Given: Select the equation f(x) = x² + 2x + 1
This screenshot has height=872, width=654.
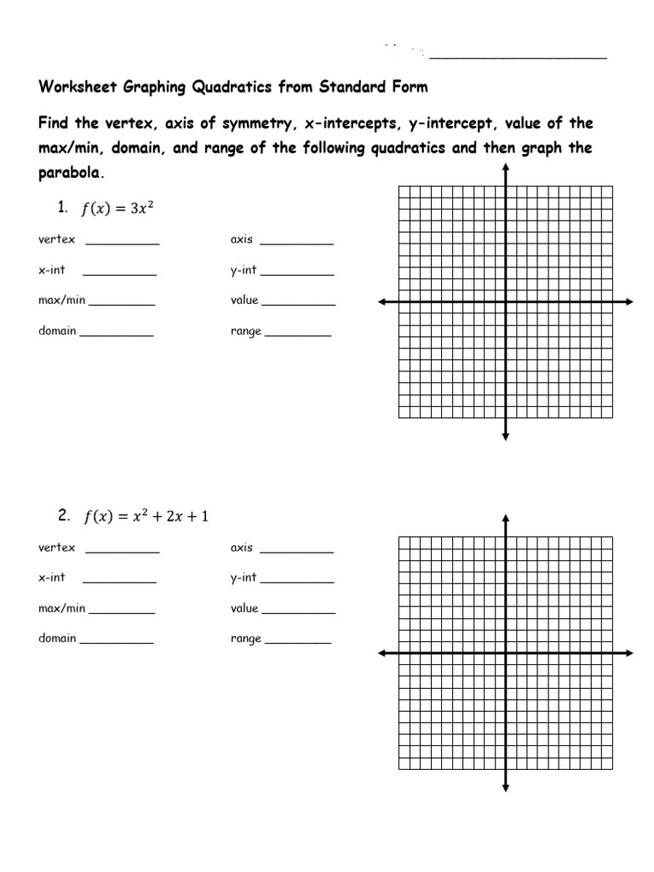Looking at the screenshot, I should click(x=146, y=516).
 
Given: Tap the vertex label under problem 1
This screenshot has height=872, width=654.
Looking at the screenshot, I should click(x=57, y=239).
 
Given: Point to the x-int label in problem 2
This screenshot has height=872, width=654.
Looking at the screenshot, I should click(x=52, y=577).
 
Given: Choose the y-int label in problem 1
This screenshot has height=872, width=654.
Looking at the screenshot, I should click(x=243, y=270).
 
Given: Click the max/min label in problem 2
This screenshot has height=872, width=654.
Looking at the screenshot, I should click(x=61, y=608).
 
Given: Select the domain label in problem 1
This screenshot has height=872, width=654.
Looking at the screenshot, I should click(x=57, y=330).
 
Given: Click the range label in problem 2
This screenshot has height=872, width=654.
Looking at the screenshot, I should click(x=245, y=639).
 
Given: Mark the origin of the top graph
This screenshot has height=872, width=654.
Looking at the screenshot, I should click(x=506, y=301).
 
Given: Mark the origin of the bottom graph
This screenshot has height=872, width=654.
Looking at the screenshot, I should click(x=506, y=652).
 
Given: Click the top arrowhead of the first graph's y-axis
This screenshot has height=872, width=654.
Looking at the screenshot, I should click(x=506, y=168).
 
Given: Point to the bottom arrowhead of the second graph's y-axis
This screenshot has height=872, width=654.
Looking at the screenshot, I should click(x=506, y=786).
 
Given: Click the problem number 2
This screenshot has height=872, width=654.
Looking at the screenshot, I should click(x=63, y=515).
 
